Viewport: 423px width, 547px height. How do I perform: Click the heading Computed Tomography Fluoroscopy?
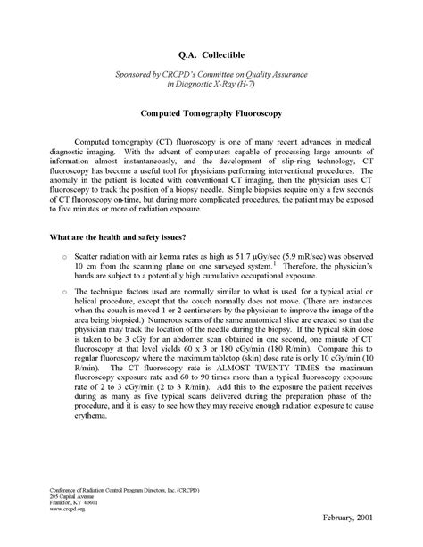[x=211, y=114]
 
